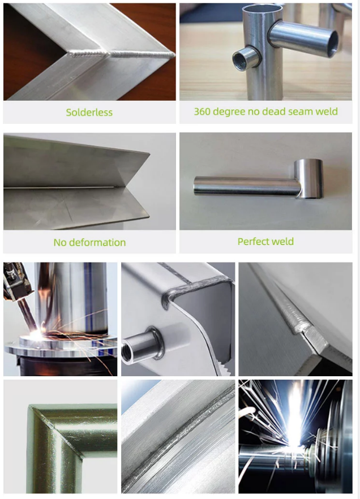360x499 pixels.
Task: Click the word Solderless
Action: tap(89, 113)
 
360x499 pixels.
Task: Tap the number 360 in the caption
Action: tap(202, 111)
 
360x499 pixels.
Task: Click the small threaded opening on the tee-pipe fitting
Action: tap(241, 60)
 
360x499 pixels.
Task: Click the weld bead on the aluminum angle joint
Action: tap(121, 54)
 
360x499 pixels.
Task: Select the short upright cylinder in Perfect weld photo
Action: tap(308, 178)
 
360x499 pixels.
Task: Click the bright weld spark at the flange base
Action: tap(37, 334)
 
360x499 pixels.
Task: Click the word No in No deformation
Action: tap(60, 243)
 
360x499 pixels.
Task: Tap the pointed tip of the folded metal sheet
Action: tap(149, 154)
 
